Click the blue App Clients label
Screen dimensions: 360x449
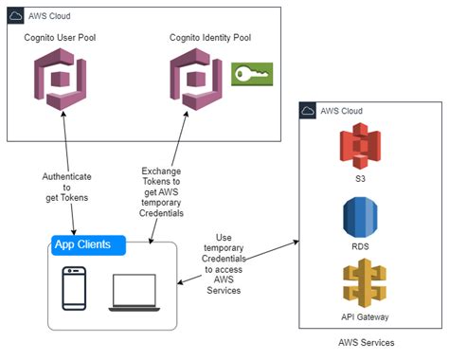click(x=88, y=245)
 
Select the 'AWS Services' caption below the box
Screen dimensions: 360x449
click(x=366, y=343)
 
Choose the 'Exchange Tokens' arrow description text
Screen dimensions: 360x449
click(x=161, y=189)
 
